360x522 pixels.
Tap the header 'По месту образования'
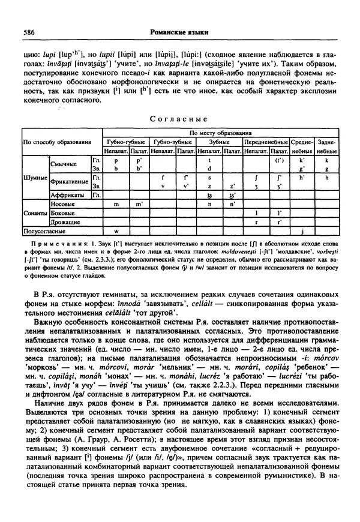(221, 132)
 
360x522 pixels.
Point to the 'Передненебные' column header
(267, 142)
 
